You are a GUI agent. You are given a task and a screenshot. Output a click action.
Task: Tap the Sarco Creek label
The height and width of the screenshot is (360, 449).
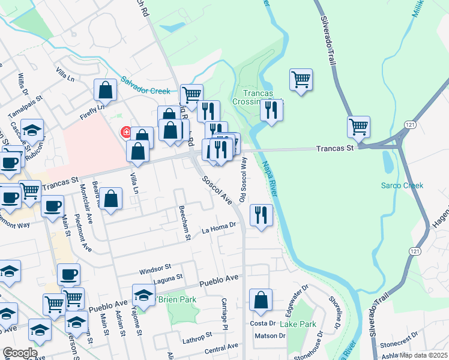(x=402, y=185)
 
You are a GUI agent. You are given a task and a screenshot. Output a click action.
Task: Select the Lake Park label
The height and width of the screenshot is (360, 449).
(x=298, y=324)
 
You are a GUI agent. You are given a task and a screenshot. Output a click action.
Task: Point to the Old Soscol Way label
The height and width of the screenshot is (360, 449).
(x=243, y=179)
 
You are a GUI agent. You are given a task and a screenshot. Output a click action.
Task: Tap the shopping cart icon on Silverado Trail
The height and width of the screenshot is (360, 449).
(x=358, y=127)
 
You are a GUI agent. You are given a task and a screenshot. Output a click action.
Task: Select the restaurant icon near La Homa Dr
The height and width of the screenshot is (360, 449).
(x=261, y=215)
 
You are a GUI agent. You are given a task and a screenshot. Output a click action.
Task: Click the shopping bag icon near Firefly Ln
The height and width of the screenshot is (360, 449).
(x=106, y=91)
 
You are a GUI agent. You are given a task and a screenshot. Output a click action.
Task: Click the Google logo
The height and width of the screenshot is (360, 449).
(x=20, y=353)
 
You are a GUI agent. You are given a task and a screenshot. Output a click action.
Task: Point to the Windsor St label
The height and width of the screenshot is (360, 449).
(x=155, y=266)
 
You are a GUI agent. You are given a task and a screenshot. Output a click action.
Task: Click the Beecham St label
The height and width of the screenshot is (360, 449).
(x=184, y=223)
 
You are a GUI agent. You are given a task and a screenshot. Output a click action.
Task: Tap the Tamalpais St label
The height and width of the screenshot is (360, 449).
(x=25, y=106)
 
